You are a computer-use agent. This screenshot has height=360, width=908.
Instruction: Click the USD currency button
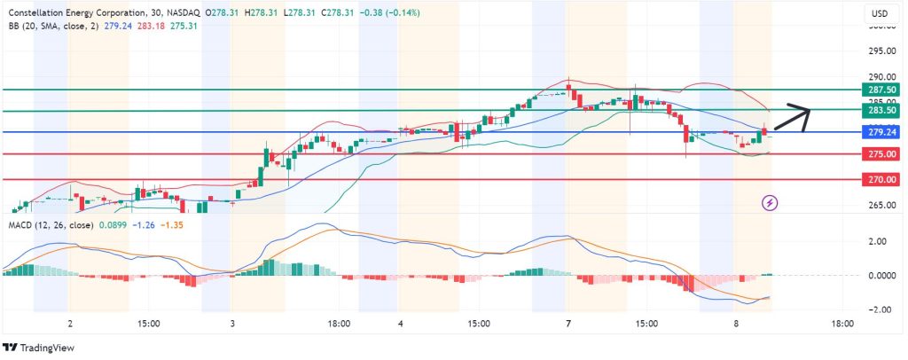pos(881,13)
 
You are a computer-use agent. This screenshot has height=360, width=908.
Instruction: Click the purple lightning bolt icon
pos(771,203)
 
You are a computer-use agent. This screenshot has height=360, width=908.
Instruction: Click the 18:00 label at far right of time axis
pos(841,325)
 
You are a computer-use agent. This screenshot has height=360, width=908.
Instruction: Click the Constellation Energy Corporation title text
pos(78,13)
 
